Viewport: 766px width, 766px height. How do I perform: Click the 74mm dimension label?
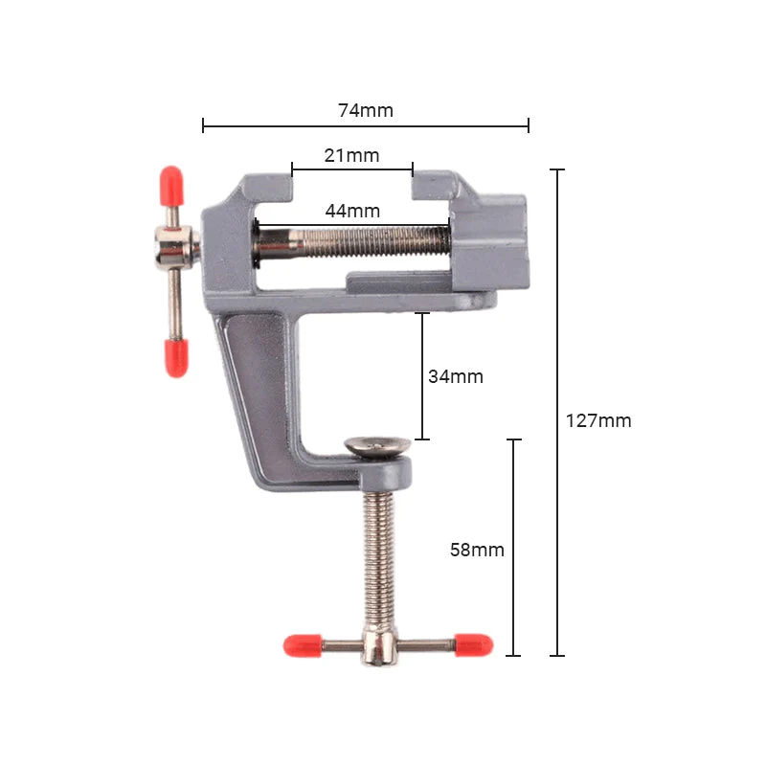366,110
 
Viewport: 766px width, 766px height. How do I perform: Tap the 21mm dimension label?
351,155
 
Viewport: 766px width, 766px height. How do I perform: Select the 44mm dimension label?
352,211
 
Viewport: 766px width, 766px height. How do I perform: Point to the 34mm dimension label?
456,376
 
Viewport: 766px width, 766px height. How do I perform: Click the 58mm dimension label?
477,550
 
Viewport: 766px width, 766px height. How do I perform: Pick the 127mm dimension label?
598,420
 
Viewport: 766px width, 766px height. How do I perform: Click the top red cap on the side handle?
170,183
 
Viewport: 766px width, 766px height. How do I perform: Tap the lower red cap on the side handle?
176,356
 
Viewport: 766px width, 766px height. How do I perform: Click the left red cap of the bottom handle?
301,646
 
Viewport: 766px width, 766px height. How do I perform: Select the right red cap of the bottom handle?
474,644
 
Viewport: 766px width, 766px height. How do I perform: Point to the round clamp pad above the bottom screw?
377,445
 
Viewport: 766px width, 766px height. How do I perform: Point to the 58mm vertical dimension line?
514,594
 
